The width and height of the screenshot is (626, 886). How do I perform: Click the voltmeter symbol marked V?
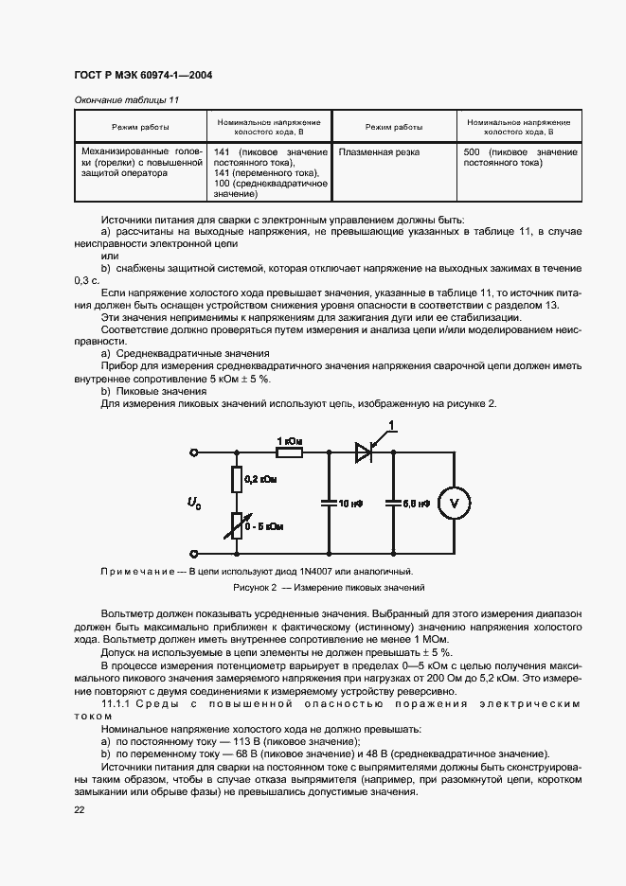coord(452,504)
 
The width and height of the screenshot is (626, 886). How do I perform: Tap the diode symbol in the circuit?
coord(362,453)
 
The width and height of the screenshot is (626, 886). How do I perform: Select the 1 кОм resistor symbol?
coord(289,453)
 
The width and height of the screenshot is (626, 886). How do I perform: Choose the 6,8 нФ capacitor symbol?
coord(390,504)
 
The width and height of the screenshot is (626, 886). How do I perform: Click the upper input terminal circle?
coord(194,453)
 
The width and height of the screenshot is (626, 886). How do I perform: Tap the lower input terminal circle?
coord(194,554)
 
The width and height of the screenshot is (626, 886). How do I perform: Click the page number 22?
coord(80,809)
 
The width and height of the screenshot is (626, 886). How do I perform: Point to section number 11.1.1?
coord(116,703)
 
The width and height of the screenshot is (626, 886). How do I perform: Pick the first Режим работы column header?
coord(141,127)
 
